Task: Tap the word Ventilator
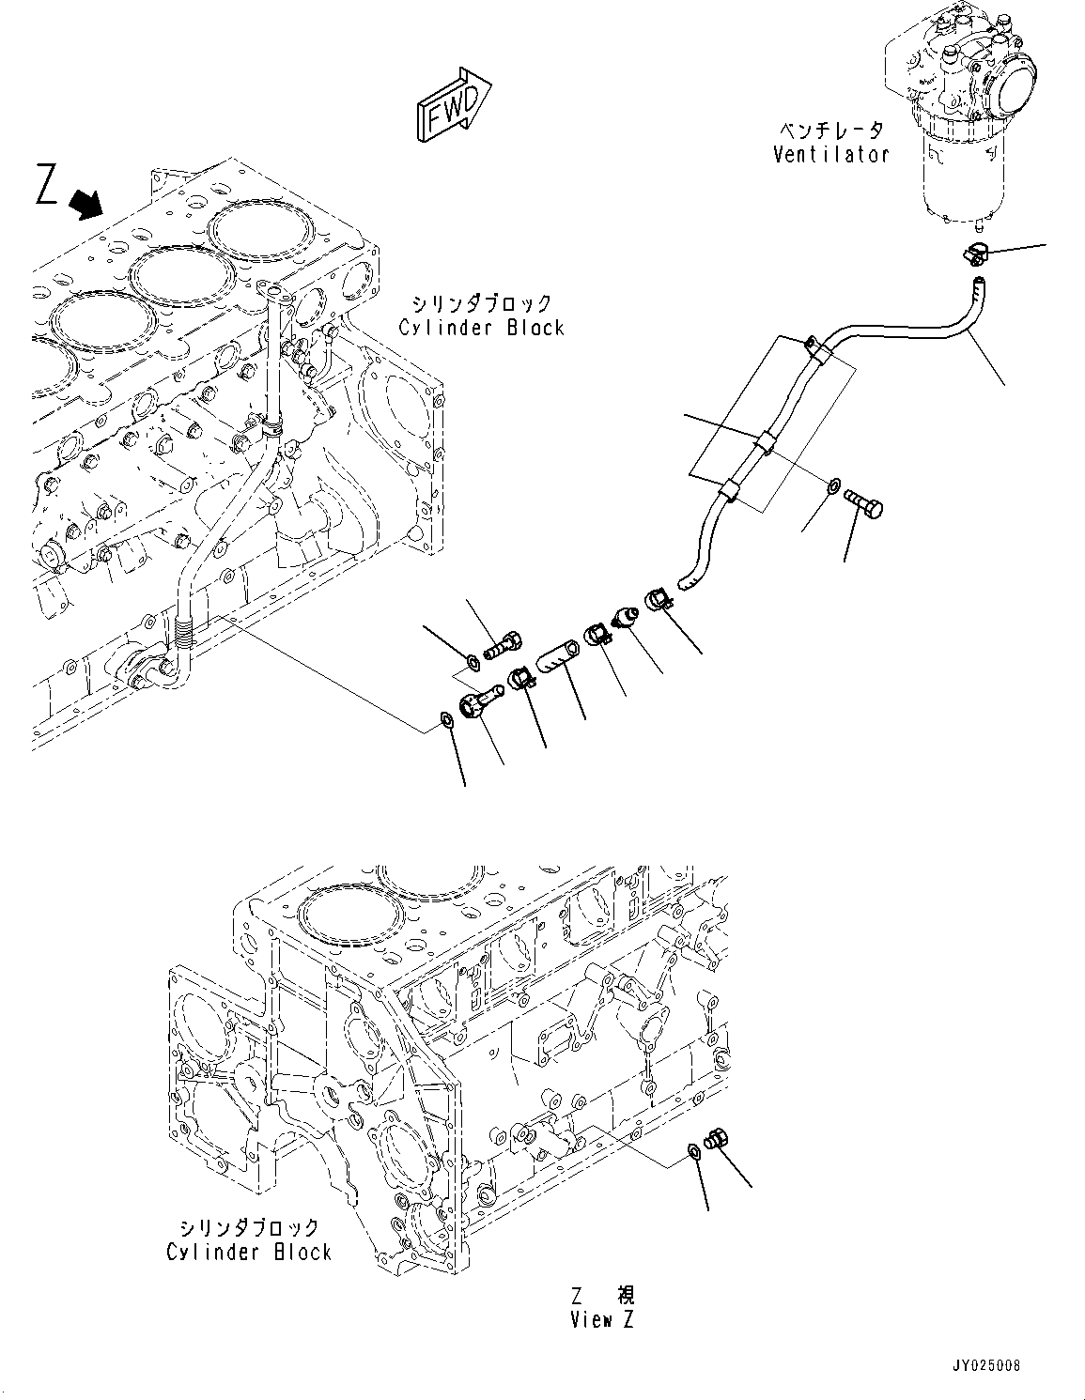[x=830, y=155]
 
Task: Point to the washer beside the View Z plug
[x=693, y=1150]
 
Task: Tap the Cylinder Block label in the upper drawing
[x=481, y=328]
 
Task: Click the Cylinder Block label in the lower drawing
[x=249, y=1252]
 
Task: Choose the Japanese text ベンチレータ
[x=830, y=131]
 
